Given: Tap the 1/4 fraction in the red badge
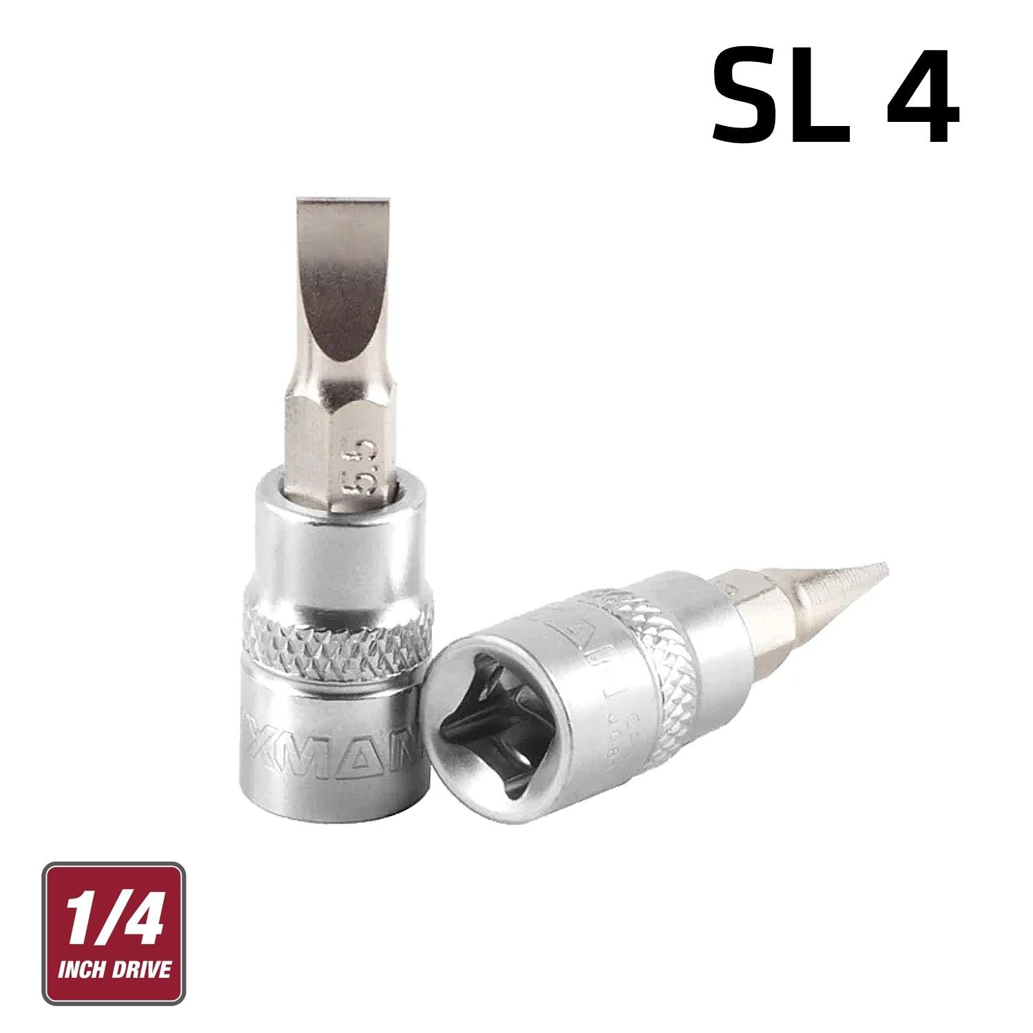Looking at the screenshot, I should [114, 916].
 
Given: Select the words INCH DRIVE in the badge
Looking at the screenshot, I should [114, 971].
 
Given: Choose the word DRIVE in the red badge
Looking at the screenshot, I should [141, 971].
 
